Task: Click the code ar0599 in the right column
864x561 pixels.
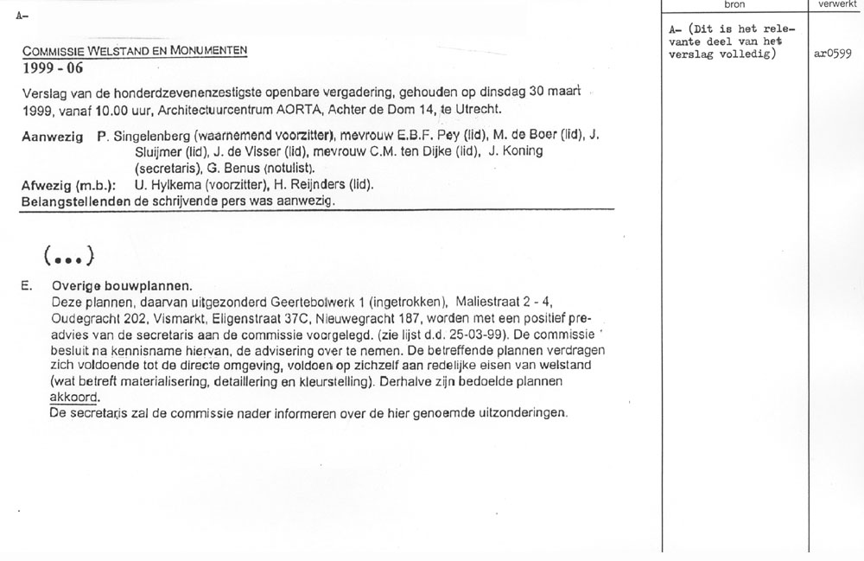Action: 833,54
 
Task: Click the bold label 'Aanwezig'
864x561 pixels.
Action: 52,137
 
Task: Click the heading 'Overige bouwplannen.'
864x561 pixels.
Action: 123,285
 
